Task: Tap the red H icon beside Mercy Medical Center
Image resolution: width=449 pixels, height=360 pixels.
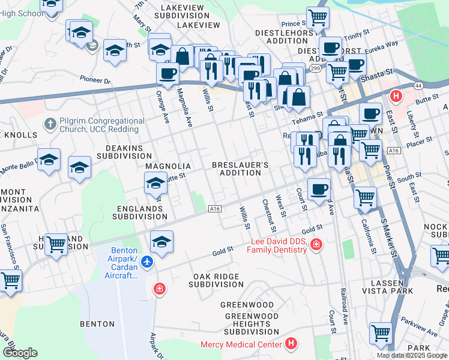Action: pyautogui.click(x=291, y=344)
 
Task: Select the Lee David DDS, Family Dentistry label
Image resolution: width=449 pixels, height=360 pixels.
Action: pyautogui.click(x=278, y=245)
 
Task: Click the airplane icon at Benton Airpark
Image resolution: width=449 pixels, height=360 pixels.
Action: pyautogui.click(x=148, y=262)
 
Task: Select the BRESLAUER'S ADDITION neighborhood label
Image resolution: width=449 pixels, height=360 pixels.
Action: pyautogui.click(x=240, y=169)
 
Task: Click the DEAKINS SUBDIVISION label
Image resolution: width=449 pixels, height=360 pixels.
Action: pyautogui.click(x=124, y=151)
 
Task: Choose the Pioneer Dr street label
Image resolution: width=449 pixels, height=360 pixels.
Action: pyautogui.click(x=95, y=80)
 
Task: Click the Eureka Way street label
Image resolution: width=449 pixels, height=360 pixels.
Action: pyautogui.click(x=384, y=44)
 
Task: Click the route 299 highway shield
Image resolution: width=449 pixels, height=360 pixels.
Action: pyautogui.click(x=315, y=69)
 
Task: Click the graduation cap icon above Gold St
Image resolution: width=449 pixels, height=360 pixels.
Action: pyautogui.click(x=161, y=241)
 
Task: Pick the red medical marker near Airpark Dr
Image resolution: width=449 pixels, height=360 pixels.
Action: pyautogui.click(x=158, y=289)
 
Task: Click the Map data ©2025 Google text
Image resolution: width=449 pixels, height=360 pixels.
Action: pyautogui.click(x=412, y=355)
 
